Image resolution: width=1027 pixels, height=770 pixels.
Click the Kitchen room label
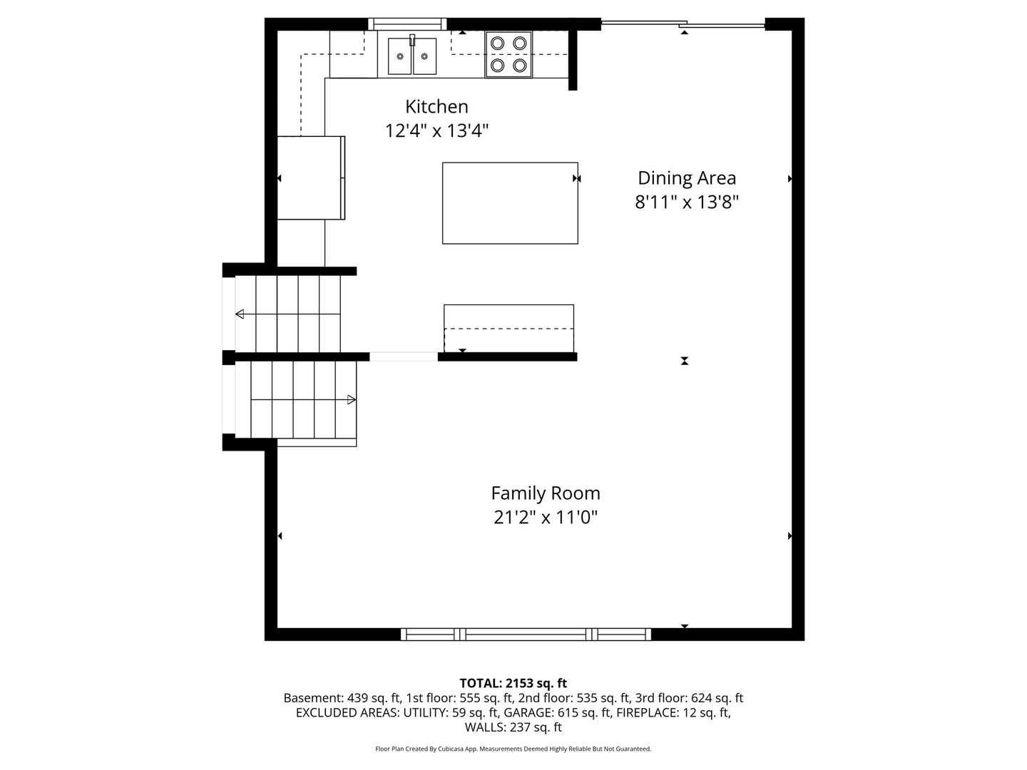[436, 107]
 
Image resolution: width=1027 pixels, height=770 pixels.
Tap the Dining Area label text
[686, 178]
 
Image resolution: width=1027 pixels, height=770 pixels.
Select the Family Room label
[545, 493]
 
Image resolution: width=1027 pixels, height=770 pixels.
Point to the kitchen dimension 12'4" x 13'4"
[436, 131]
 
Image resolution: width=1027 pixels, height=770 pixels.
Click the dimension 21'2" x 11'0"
[546, 518]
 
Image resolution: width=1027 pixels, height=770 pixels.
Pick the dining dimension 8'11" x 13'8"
[686, 202]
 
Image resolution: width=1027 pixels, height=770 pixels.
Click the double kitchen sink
[412, 56]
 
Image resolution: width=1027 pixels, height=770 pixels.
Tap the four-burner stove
[508, 54]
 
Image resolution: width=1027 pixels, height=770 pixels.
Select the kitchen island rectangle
[509, 203]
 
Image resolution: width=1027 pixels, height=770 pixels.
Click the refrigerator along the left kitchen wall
[311, 178]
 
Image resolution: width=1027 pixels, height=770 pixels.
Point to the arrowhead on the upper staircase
[240, 314]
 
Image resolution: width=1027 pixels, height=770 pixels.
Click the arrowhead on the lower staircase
[352, 400]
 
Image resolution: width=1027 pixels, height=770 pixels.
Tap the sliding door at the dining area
[683, 24]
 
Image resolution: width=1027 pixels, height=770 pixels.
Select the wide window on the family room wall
[526, 635]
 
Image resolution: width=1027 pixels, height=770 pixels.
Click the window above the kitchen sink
[407, 24]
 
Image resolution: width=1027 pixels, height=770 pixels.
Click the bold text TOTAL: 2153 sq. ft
[513, 684]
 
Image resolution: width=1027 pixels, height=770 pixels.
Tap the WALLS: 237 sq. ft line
[513, 727]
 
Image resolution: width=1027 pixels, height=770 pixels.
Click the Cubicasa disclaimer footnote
[513, 749]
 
